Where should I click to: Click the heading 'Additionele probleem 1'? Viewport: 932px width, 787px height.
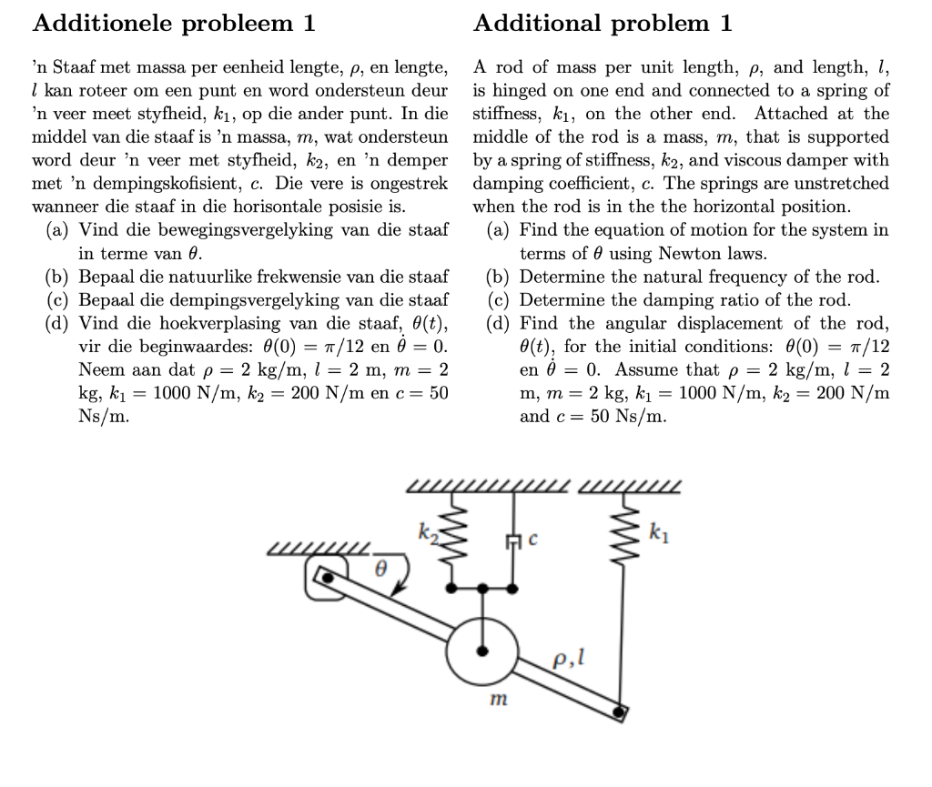pyautogui.click(x=174, y=24)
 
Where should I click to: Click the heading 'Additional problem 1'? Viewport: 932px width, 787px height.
pyautogui.click(x=603, y=24)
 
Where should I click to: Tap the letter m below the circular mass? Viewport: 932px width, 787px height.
pyautogui.click(x=497, y=701)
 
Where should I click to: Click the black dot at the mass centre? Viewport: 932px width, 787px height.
pyautogui.click(x=483, y=651)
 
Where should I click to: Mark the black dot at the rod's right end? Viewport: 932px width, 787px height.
pyautogui.click(x=621, y=711)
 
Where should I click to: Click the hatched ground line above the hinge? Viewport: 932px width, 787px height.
pyautogui.click(x=319, y=550)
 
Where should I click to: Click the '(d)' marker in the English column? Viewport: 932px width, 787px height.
pyautogui.click(x=499, y=323)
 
